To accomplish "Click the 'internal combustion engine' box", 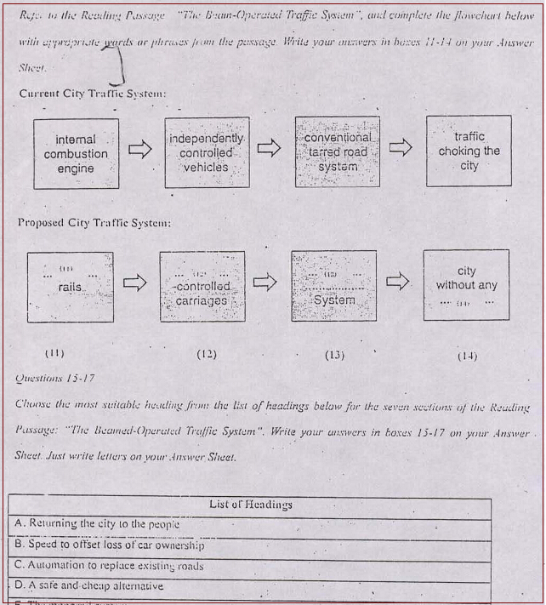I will coord(76,154).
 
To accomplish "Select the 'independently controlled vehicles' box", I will coord(206,152).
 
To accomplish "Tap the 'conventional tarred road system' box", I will coord(337,151).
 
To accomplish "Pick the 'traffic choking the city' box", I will coord(469,151).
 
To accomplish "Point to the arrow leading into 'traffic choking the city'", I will coord(401,147).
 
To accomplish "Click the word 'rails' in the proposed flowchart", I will coord(70,288).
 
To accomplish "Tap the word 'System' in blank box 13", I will coord(334,300).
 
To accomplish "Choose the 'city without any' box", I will coord(466,284).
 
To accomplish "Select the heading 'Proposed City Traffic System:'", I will coord(94,223).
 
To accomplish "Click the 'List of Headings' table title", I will coord(250,505).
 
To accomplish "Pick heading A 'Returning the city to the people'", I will coord(98,523).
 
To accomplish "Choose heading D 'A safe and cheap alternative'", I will coord(90,586).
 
